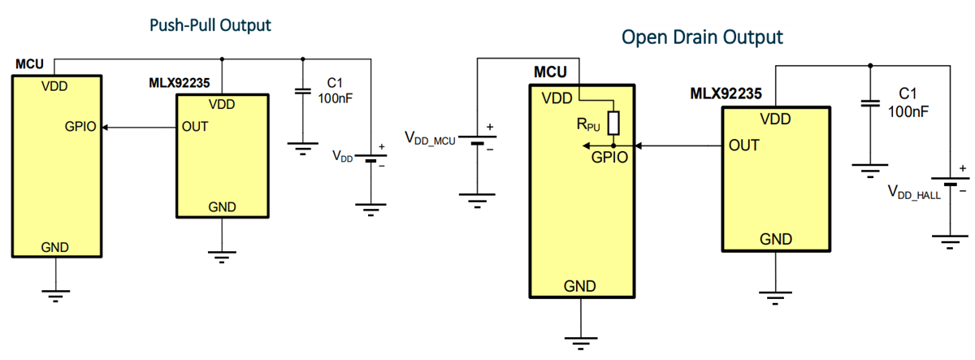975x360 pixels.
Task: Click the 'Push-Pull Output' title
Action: (210, 25)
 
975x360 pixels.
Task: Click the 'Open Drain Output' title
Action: (702, 37)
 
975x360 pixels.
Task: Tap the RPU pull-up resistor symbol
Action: (613, 123)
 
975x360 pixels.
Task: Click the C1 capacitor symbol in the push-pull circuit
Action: (302, 91)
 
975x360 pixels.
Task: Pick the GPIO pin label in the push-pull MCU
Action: (81, 127)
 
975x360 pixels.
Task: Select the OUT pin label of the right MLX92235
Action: (744, 146)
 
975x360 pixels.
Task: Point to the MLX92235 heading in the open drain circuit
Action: (726, 93)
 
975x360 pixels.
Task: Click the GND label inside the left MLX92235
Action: (222, 206)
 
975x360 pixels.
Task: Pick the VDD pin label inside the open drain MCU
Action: (557, 98)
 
